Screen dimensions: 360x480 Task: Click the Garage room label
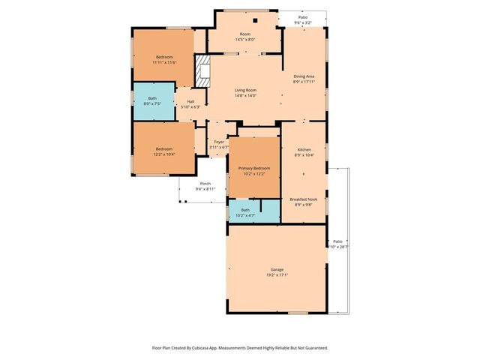pos(277,269)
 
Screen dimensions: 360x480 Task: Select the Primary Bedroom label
pos(253,168)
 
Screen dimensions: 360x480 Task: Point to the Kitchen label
pos(304,150)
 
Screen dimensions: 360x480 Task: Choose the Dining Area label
pos(304,76)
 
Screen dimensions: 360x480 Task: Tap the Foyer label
pos(219,142)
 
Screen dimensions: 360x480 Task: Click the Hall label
pos(190,101)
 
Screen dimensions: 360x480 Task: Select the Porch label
pos(205,184)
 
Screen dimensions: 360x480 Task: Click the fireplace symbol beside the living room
pos(201,72)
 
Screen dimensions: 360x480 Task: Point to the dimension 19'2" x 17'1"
pos(277,274)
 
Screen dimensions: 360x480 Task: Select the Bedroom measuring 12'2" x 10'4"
pos(164,149)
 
